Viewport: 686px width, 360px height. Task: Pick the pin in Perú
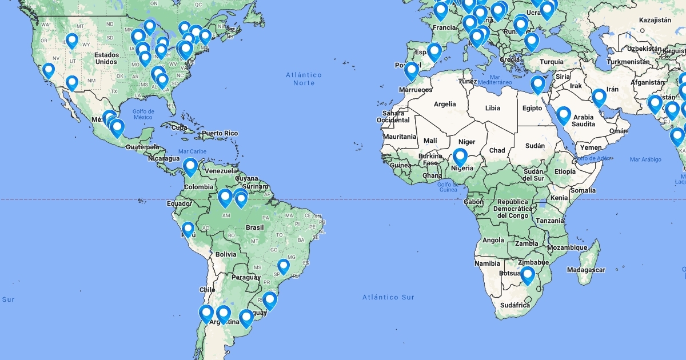click(x=188, y=229)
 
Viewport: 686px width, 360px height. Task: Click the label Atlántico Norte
click(x=304, y=79)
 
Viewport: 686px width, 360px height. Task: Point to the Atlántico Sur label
click(x=388, y=297)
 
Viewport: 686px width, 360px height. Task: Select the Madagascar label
click(x=586, y=269)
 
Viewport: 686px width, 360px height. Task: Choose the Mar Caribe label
click(x=192, y=151)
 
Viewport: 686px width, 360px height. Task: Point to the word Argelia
click(x=445, y=104)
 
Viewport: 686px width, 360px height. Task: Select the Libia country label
click(x=492, y=108)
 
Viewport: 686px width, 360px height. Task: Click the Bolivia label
click(x=226, y=254)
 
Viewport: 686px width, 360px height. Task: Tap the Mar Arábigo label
click(x=645, y=159)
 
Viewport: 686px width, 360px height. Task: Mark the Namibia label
click(x=487, y=263)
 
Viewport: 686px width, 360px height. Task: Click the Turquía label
click(x=551, y=62)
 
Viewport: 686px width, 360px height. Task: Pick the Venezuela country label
click(x=221, y=171)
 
